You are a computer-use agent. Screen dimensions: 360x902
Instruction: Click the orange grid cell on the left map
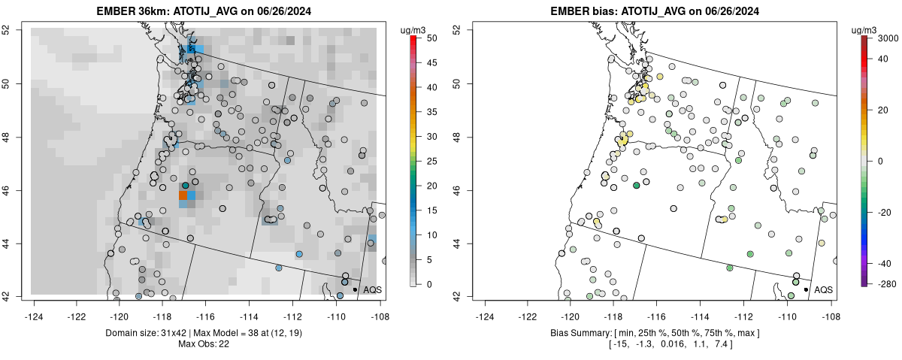tap(183, 195)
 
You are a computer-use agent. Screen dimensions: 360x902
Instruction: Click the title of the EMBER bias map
tap(654, 11)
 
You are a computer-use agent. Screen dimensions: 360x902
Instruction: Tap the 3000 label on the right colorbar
tap(889, 37)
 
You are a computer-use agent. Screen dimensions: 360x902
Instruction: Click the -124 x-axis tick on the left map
tap(34, 307)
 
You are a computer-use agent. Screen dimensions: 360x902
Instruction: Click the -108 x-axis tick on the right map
tap(830, 307)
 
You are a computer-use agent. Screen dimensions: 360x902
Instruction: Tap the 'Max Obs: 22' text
tap(203, 344)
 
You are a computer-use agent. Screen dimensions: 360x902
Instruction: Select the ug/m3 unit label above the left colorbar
tap(415, 29)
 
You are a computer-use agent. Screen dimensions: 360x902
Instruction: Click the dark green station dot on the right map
tap(637, 185)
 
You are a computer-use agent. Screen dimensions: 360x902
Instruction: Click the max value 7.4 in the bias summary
tap(719, 344)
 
